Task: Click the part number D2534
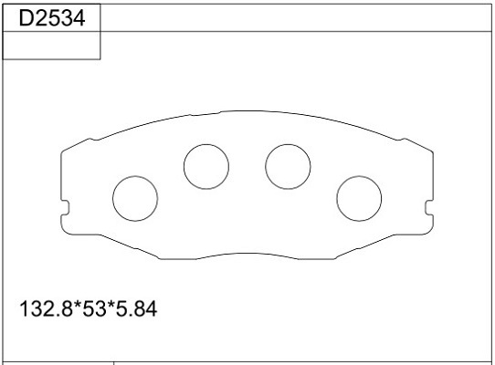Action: [x=51, y=16]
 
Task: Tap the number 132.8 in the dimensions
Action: [x=46, y=309]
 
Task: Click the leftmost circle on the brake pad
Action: [x=134, y=197]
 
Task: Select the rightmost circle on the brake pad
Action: [x=359, y=197]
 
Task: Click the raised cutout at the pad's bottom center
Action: [x=247, y=254]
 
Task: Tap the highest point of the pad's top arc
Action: [x=247, y=116]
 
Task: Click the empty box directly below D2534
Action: [x=51, y=46]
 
